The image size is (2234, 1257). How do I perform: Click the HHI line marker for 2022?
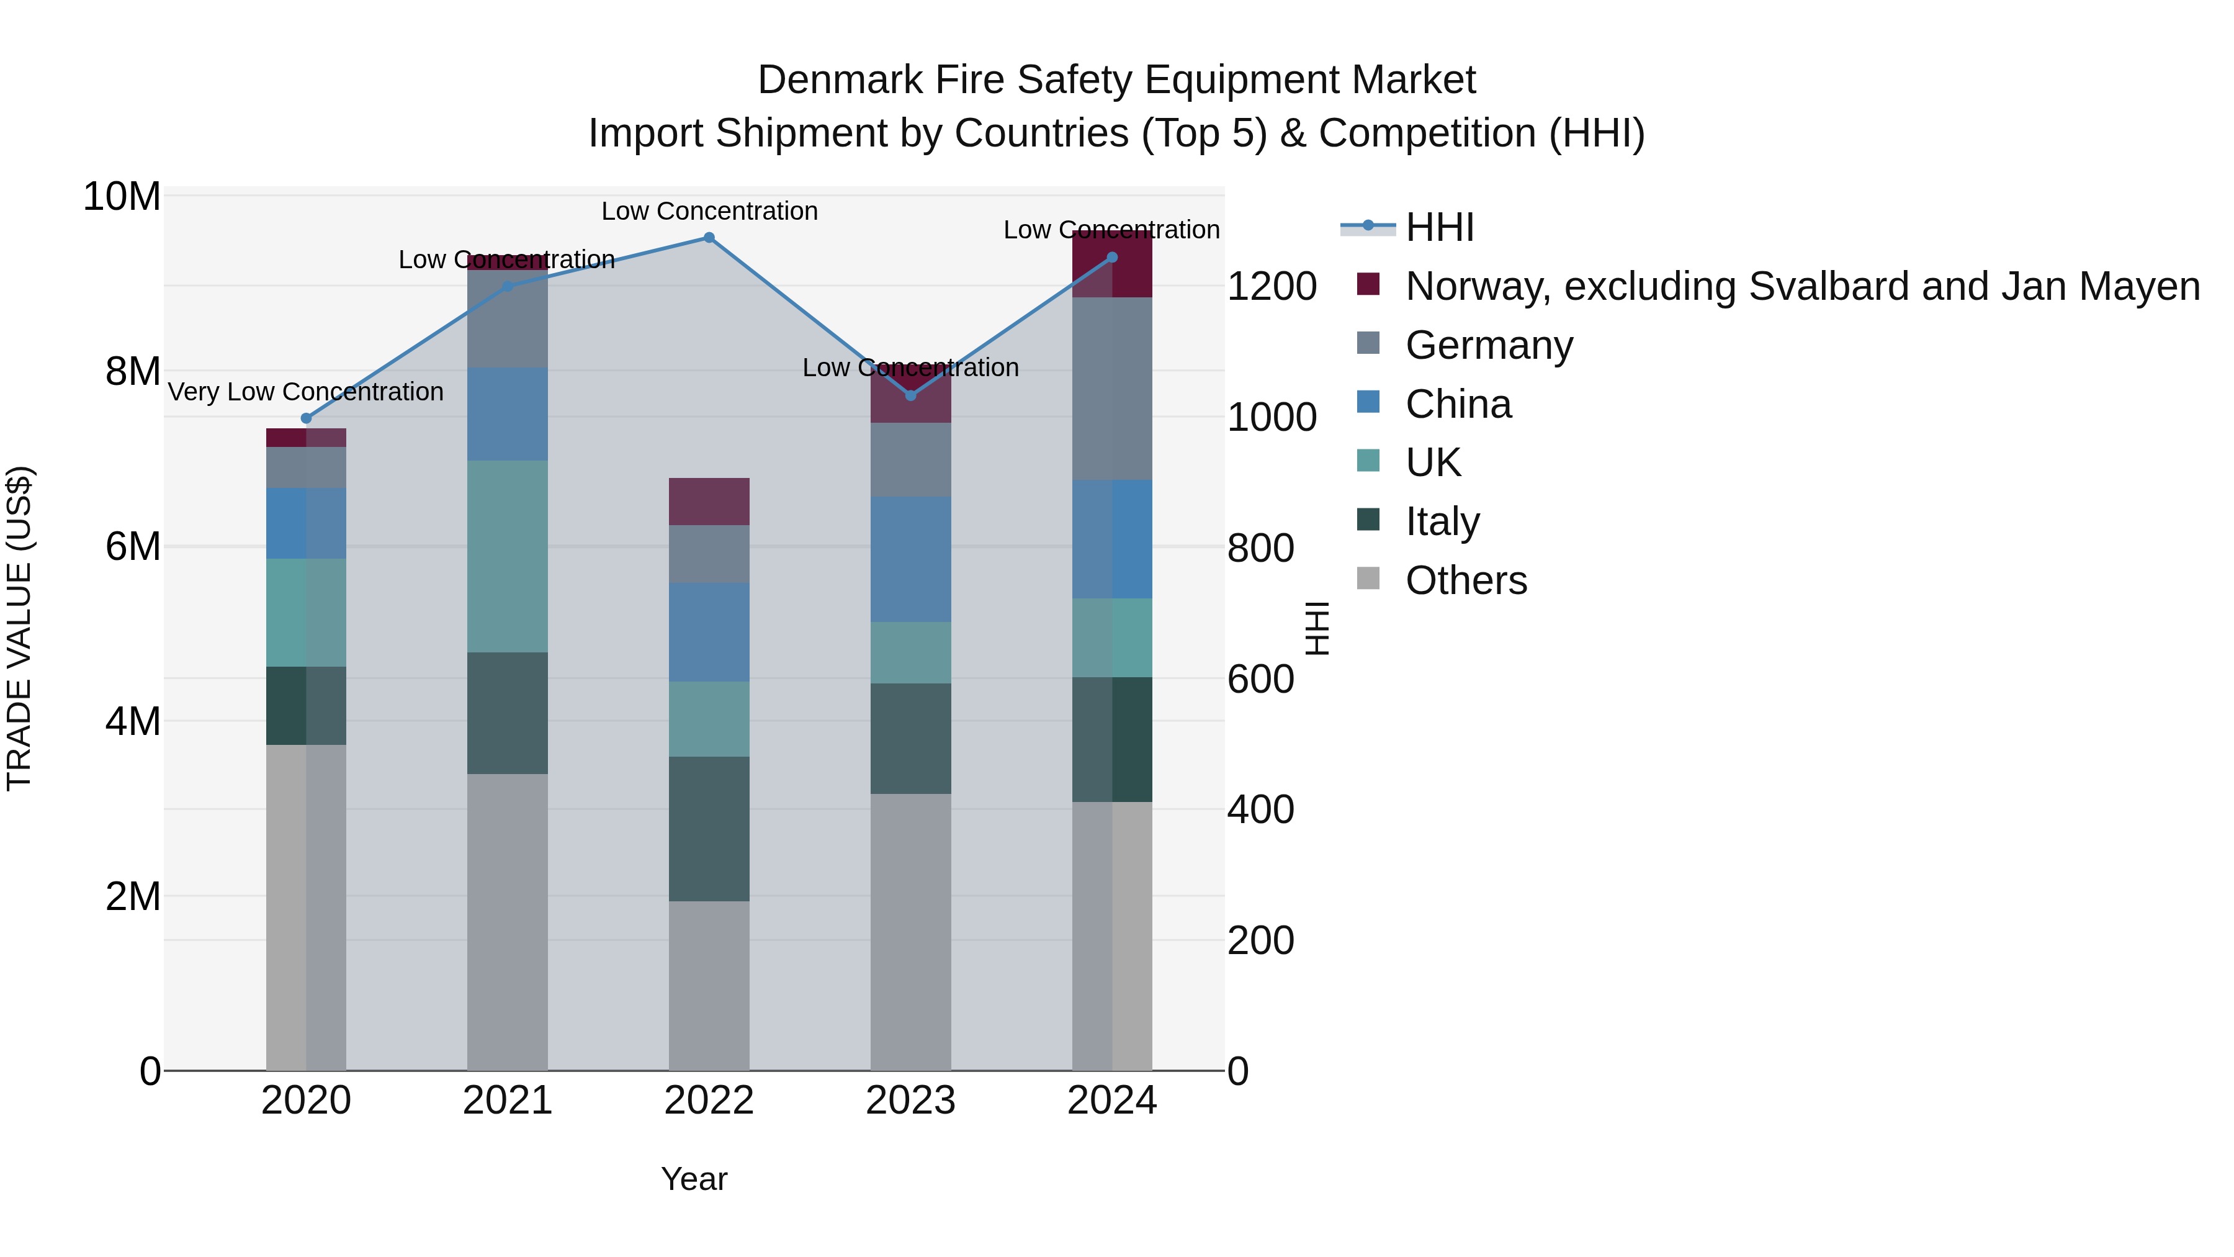point(709,238)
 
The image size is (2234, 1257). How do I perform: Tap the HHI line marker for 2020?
point(306,418)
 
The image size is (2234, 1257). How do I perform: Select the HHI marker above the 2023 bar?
point(910,395)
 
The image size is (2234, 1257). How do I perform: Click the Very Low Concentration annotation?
point(305,392)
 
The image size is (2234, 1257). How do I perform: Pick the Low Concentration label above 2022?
point(709,211)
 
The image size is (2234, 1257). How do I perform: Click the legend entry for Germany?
point(1488,345)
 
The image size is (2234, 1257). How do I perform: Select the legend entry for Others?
point(1466,580)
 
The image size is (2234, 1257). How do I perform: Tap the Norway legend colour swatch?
point(1368,284)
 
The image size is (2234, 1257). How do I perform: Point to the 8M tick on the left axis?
point(133,371)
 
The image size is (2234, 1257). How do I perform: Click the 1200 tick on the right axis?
point(1272,286)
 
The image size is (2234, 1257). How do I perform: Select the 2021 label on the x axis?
point(508,1101)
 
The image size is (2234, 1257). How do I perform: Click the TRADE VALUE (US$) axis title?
point(19,628)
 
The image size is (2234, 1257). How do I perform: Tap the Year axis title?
point(694,1179)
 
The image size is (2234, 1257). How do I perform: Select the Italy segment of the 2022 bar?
point(709,829)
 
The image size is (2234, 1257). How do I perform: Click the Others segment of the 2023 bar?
point(910,932)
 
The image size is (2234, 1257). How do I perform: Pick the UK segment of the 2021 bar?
point(508,556)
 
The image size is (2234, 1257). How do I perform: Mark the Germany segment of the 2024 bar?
point(1112,389)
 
